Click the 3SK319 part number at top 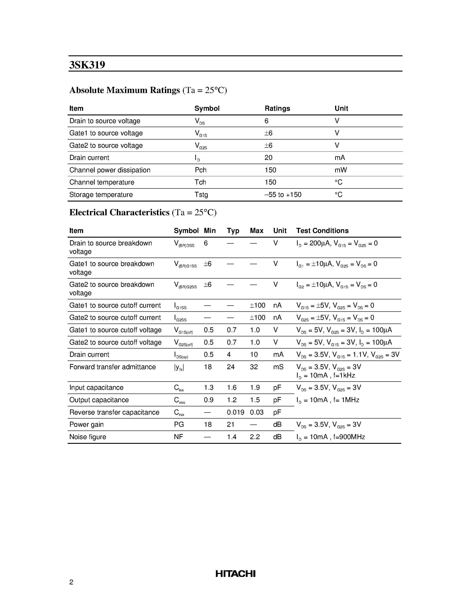[87, 65]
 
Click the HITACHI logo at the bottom [235, 574]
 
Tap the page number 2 [71, 582]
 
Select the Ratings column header [277, 109]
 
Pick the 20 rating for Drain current [268, 158]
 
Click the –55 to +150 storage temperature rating [283, 195]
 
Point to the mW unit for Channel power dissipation [341, 170]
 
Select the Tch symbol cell [200, 182]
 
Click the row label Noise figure [88, 437]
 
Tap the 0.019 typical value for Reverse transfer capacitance [235, 412]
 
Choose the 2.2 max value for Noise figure [255, 437]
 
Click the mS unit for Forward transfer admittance [278, 367]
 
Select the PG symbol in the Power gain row [179, 425]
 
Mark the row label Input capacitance [96, 388]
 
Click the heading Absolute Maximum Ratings [124, 90]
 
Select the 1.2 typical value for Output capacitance [232, 400]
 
